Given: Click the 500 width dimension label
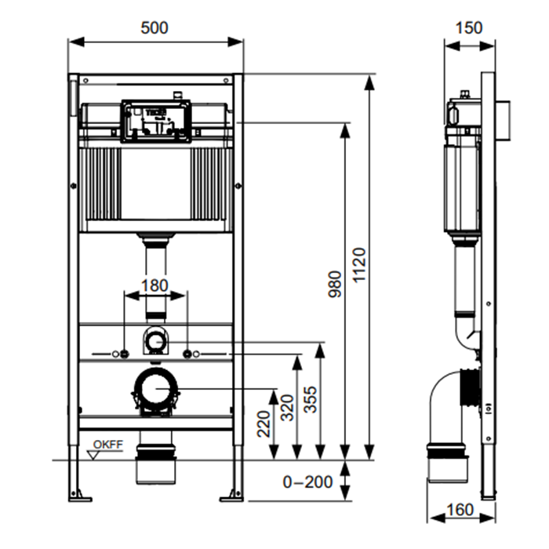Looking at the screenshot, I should pyautogui.click(x=155, y=28).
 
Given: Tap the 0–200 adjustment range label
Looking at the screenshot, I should pyautogui.click(x=307, y=482).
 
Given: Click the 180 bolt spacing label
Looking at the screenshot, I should pyautogui.click(x=155, y=284).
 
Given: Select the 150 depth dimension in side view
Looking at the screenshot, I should pyautogui.click(x=469, y=28).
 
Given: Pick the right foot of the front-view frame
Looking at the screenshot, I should pyautogui.click(x=234, y=494).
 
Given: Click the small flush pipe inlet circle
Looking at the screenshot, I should pyautogui.click(x=157, y=341).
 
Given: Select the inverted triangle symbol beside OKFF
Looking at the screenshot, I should pyautogui.click(x=93, y=453).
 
